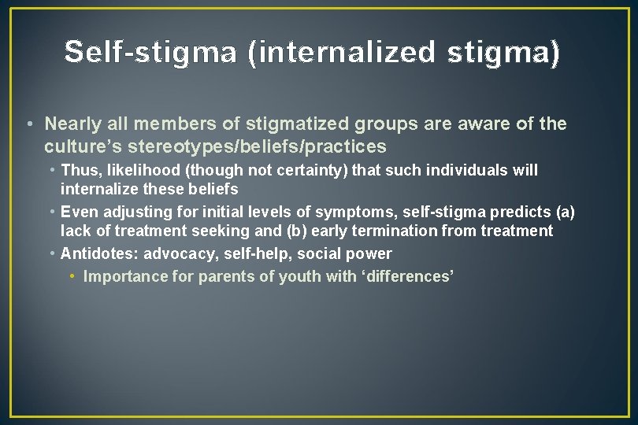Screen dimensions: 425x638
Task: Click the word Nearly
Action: tap(72, 124)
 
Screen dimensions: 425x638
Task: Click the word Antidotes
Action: tap(95, 254)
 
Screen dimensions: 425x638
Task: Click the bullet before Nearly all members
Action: tap(28, 124)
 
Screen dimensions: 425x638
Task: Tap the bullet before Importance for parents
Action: tap(72, 277)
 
